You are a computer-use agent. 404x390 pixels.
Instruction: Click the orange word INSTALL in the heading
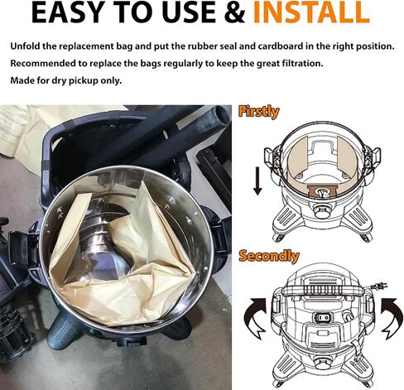[x=311, y=12]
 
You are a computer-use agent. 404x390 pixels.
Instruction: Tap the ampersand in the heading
[x=234, y=12]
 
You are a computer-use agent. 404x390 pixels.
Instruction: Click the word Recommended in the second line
[x=43, y=64]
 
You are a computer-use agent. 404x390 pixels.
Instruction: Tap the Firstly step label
[x=258, y=112]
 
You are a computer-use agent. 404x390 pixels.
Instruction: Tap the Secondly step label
[x=269, y=256]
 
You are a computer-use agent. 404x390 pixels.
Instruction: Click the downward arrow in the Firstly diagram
[x=257, y=181]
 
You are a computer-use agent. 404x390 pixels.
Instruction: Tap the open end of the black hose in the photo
[x=223, y=113]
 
